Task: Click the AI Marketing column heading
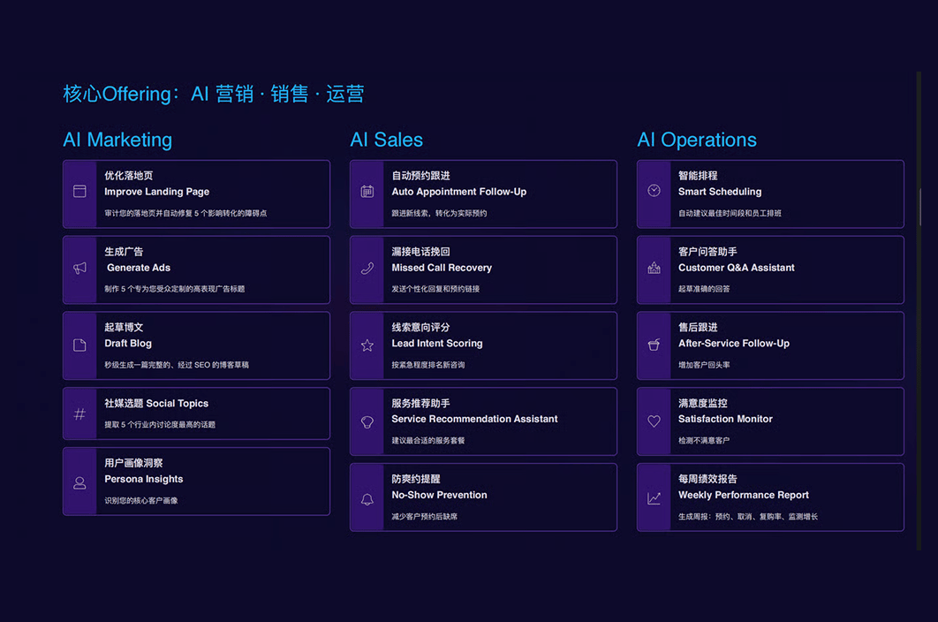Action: point(117,140)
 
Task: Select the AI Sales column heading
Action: point(386,140)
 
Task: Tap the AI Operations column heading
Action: point(697,140)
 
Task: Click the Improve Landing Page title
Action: point(156,192)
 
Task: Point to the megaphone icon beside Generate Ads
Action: point(79,268)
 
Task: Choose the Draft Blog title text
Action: point(128,344)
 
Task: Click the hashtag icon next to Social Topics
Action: point(79,413)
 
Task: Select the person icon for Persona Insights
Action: point(79,482)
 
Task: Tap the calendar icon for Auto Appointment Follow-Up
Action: point(367,192)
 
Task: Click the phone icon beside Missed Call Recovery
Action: point(367,268)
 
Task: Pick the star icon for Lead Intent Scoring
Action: point(367,345)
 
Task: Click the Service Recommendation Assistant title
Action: point(474,419)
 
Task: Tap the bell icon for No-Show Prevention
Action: point(367,499)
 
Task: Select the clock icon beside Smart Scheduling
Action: point(654,191)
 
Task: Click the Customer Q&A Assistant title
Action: point(736,268)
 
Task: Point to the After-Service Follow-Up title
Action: point(733,344)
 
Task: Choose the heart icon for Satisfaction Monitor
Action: point(654,421)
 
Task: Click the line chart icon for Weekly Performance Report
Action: point(654,499)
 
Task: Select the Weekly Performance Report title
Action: point(743,495)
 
